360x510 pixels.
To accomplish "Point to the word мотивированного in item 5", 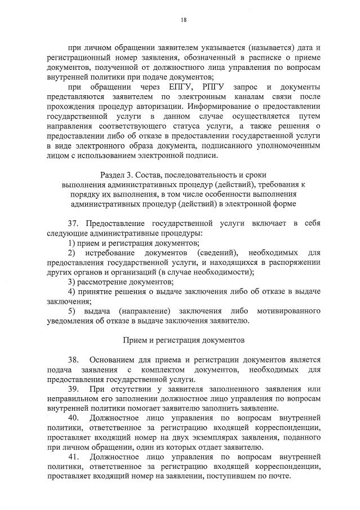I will click(x=288, y=311).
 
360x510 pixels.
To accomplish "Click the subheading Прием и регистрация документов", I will click(x=183, y=340).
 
